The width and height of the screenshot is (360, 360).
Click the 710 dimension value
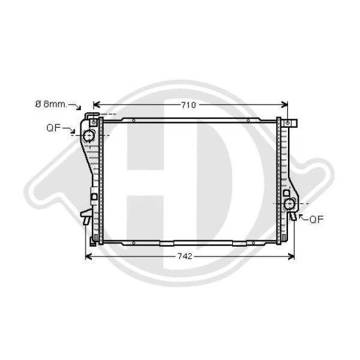click(x=188, y=105)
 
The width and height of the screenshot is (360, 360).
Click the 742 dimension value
click(x=185, y=256)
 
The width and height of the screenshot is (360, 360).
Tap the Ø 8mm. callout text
click(x=51, y=104)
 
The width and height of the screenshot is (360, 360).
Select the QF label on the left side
click(x=53, y=128)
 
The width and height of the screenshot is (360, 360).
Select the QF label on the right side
click(x=317, y=220)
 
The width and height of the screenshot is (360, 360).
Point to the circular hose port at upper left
click(x=89, y=136)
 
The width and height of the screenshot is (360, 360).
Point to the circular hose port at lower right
click(x=289, y=203)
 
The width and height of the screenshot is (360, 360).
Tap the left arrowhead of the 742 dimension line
click(x=88, y=256)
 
